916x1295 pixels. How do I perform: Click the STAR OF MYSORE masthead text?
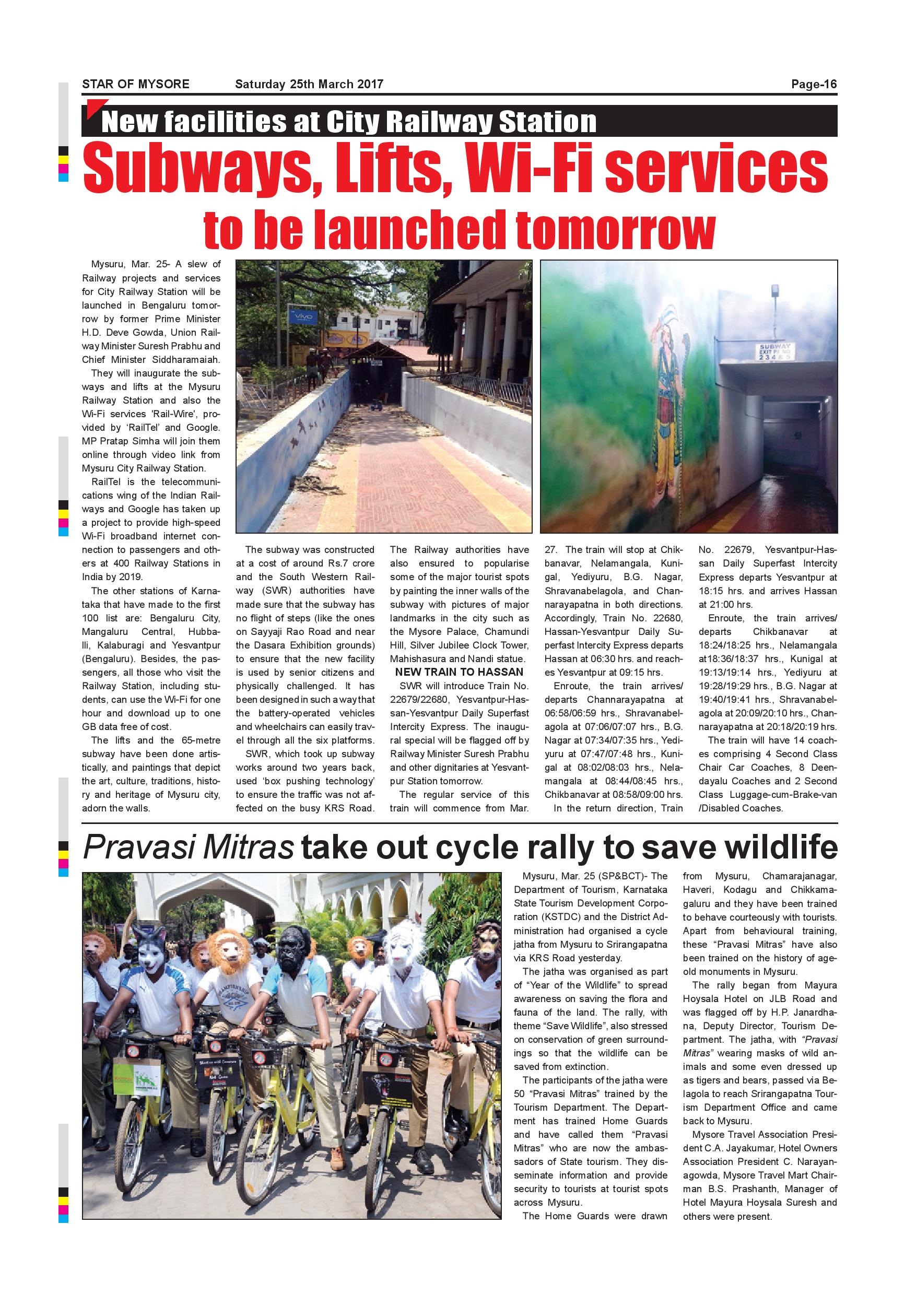tap(135, 85)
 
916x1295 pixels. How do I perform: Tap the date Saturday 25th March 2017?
tap(309, 85)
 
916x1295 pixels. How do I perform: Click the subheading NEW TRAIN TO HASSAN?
tap(459, 672)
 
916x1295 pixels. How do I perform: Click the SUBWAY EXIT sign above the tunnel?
tap(775, 352)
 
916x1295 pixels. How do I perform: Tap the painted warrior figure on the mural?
tap(670, 395)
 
